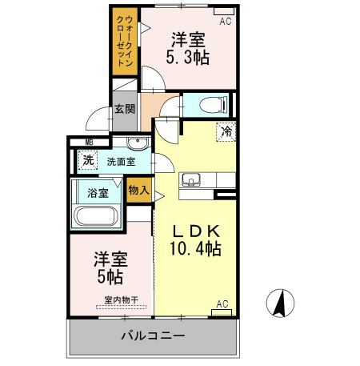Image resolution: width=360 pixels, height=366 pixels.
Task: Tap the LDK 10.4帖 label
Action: (x=197, y=239)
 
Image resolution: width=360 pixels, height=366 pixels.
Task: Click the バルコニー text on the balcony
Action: (x=153, y=336)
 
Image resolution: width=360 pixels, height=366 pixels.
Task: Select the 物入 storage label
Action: (x=139, y=190)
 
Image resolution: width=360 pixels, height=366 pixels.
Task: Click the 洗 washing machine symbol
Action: (x=89, y=159)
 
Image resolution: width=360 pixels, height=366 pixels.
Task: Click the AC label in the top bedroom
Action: (x=225, y=22)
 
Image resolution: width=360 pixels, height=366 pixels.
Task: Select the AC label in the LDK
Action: (x=222, y=304)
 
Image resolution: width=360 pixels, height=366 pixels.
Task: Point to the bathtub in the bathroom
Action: (x=96, y=216)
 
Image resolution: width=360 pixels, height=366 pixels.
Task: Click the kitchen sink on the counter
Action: (x=192, y=179)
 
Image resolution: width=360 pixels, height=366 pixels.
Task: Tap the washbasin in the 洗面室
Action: (x=136, y=146)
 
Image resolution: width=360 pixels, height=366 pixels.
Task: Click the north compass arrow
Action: (x=281, y=304)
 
